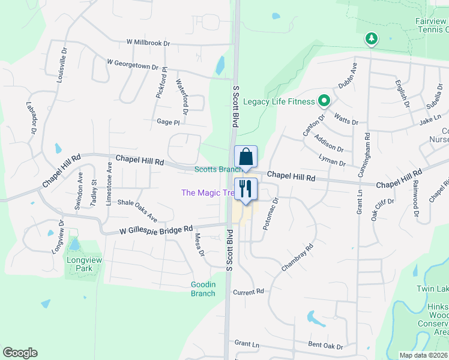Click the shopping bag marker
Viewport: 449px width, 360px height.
point(246,157)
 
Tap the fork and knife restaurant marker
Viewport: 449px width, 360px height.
point(246,189)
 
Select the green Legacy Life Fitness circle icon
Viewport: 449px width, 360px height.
point(325,101)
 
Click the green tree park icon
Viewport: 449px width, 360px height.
point(372,40)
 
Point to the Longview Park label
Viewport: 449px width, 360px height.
point(80,265)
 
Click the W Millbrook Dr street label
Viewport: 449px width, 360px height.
point(148,43)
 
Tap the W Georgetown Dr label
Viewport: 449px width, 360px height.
point(132,63)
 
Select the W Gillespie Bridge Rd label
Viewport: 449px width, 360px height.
point(156,229)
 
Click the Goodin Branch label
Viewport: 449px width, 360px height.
point(203,289)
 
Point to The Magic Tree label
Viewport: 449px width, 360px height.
point(208,193)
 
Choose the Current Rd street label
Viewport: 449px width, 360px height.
point(249,292)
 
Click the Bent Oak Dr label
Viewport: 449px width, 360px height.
point(325,346)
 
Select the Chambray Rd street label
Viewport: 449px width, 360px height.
point(298,257)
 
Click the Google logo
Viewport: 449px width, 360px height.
point(20,352)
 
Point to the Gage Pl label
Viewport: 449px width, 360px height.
point(168,122)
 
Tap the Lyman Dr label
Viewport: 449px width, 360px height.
point(334,163)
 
